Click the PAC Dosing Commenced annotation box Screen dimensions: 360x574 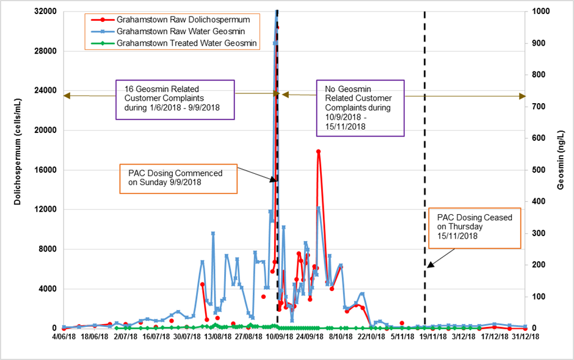pos(178,178)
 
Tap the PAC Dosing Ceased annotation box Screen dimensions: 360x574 pos(474,226)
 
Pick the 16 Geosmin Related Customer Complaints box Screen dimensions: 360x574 pos(174,99)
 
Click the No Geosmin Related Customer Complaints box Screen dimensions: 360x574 pos(360,107)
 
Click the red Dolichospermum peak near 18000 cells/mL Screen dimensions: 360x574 pos(318,151)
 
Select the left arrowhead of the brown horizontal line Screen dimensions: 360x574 pos(67,96)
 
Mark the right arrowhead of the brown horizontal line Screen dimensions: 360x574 pos(522,96)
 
